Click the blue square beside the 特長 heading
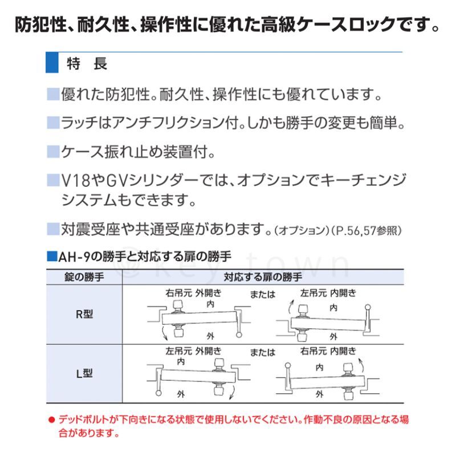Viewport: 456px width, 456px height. pos(52,63)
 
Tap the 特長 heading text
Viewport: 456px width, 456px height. pos(87,63)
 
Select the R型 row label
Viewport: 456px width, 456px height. pos(84,314)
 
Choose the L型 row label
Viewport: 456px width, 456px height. pos(84,373)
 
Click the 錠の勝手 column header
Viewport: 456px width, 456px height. pos(84,277)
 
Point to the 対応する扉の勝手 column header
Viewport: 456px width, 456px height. pos(263,277)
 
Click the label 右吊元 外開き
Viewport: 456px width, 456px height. pos(193,293)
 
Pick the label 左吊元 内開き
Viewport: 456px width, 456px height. pos(328,293)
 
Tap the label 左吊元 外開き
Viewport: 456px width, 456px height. pos(193,351)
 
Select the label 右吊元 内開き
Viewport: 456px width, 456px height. pos(328,351)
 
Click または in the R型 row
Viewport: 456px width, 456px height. pos(263,294)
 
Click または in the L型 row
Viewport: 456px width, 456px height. pos(263,352)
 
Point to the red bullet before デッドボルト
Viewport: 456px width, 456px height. pos(52,420)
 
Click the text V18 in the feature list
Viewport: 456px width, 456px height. pos(76,180)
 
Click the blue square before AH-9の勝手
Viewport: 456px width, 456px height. pos(52,256)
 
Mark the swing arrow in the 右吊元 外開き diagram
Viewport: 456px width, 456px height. pos(164,333)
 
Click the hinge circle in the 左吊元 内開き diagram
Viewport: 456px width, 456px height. pos(368,307)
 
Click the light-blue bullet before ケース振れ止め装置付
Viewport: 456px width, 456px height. pos(53,152)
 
